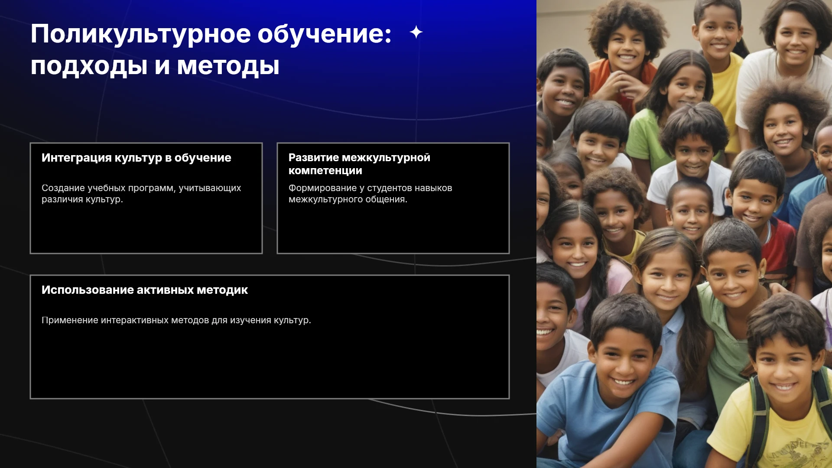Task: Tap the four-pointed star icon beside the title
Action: (x=416, y=32)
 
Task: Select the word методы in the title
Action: (x=228, y=67)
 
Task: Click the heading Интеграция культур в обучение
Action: (x=136, y=158)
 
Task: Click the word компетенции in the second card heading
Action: (x=325, y=171)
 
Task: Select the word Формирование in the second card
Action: (x=322, y=188)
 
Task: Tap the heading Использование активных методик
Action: (x=145, y=290)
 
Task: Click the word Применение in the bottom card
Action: (x=70, y=320)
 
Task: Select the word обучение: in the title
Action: (x=325, y=34)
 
